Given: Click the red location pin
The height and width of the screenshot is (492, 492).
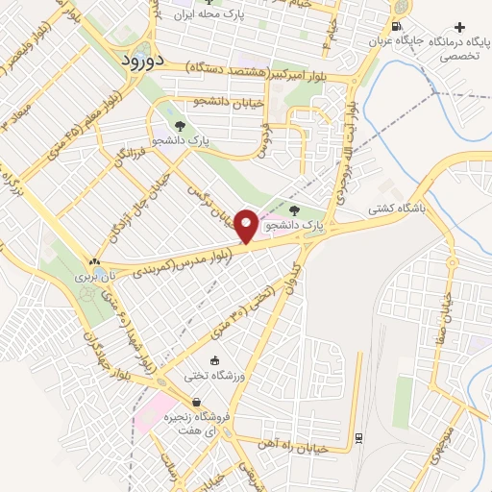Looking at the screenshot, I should click(247, 226).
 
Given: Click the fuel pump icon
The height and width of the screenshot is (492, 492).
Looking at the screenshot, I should click(396, 26).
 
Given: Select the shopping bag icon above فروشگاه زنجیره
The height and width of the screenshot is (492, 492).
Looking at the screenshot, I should click(197, 402).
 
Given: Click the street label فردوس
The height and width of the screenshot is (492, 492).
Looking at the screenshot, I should click(264, 139).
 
